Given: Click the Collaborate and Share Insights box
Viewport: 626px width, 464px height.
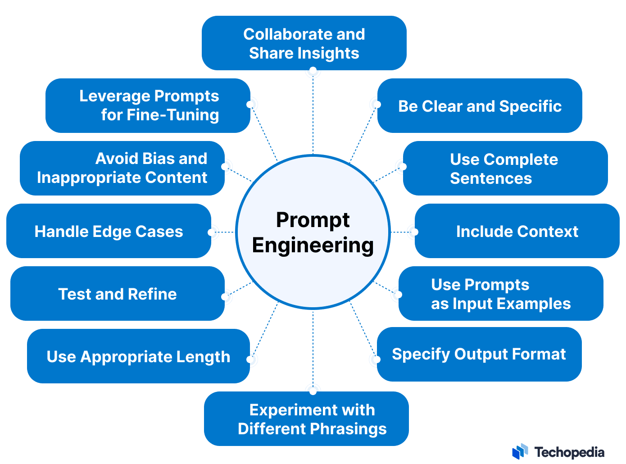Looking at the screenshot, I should (304, 43).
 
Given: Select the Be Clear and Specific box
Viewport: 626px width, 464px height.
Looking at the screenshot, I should (480, 106).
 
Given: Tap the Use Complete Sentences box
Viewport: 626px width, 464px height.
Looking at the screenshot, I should (505, 168).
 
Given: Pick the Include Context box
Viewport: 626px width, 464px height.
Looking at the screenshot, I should (517, 231).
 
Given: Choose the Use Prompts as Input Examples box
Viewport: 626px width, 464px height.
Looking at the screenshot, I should (500, 294).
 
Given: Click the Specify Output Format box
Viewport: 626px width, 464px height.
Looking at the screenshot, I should (479, 354).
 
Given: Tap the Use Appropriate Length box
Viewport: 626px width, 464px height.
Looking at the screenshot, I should (138, 356).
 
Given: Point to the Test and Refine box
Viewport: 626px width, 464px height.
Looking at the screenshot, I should (117, 294).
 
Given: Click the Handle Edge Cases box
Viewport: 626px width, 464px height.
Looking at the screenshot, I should (109, 231).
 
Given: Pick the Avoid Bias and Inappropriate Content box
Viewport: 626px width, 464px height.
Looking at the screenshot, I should (122, 168).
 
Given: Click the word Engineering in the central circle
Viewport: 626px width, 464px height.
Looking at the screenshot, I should (313, 246).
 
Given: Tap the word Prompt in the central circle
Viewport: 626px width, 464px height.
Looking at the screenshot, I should (313, 220).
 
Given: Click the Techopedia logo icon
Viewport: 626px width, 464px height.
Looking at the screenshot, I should (520, 452).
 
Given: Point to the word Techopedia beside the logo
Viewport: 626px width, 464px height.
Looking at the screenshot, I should (569, 452).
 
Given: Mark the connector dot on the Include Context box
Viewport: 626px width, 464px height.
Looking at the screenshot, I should (415, 232).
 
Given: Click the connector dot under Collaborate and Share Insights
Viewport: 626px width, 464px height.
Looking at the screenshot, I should (313, 71).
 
